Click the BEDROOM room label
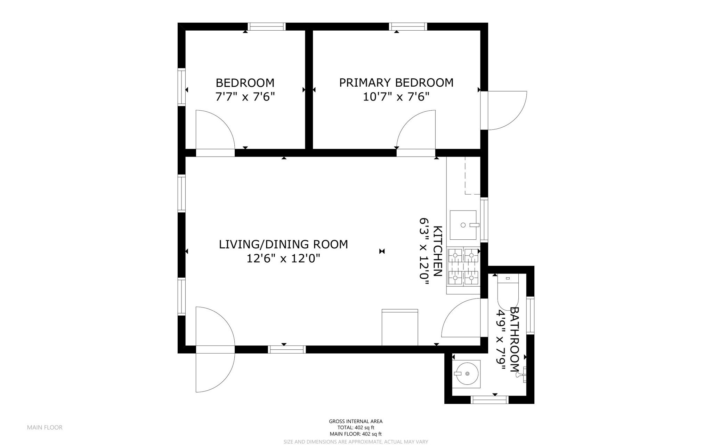pos(245,83)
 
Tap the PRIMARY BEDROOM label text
pos(396,82)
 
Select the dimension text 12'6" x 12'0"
pos(283,259)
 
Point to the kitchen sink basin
pos(463,225)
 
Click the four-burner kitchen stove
pos(463,266)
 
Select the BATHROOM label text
pos(514,339)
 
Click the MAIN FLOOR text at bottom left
pos(44,428)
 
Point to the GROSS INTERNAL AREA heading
pos(355,421)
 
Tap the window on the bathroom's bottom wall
pos(489,400)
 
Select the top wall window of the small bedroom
pos(267,26)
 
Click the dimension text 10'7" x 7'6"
pos(396,96)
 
